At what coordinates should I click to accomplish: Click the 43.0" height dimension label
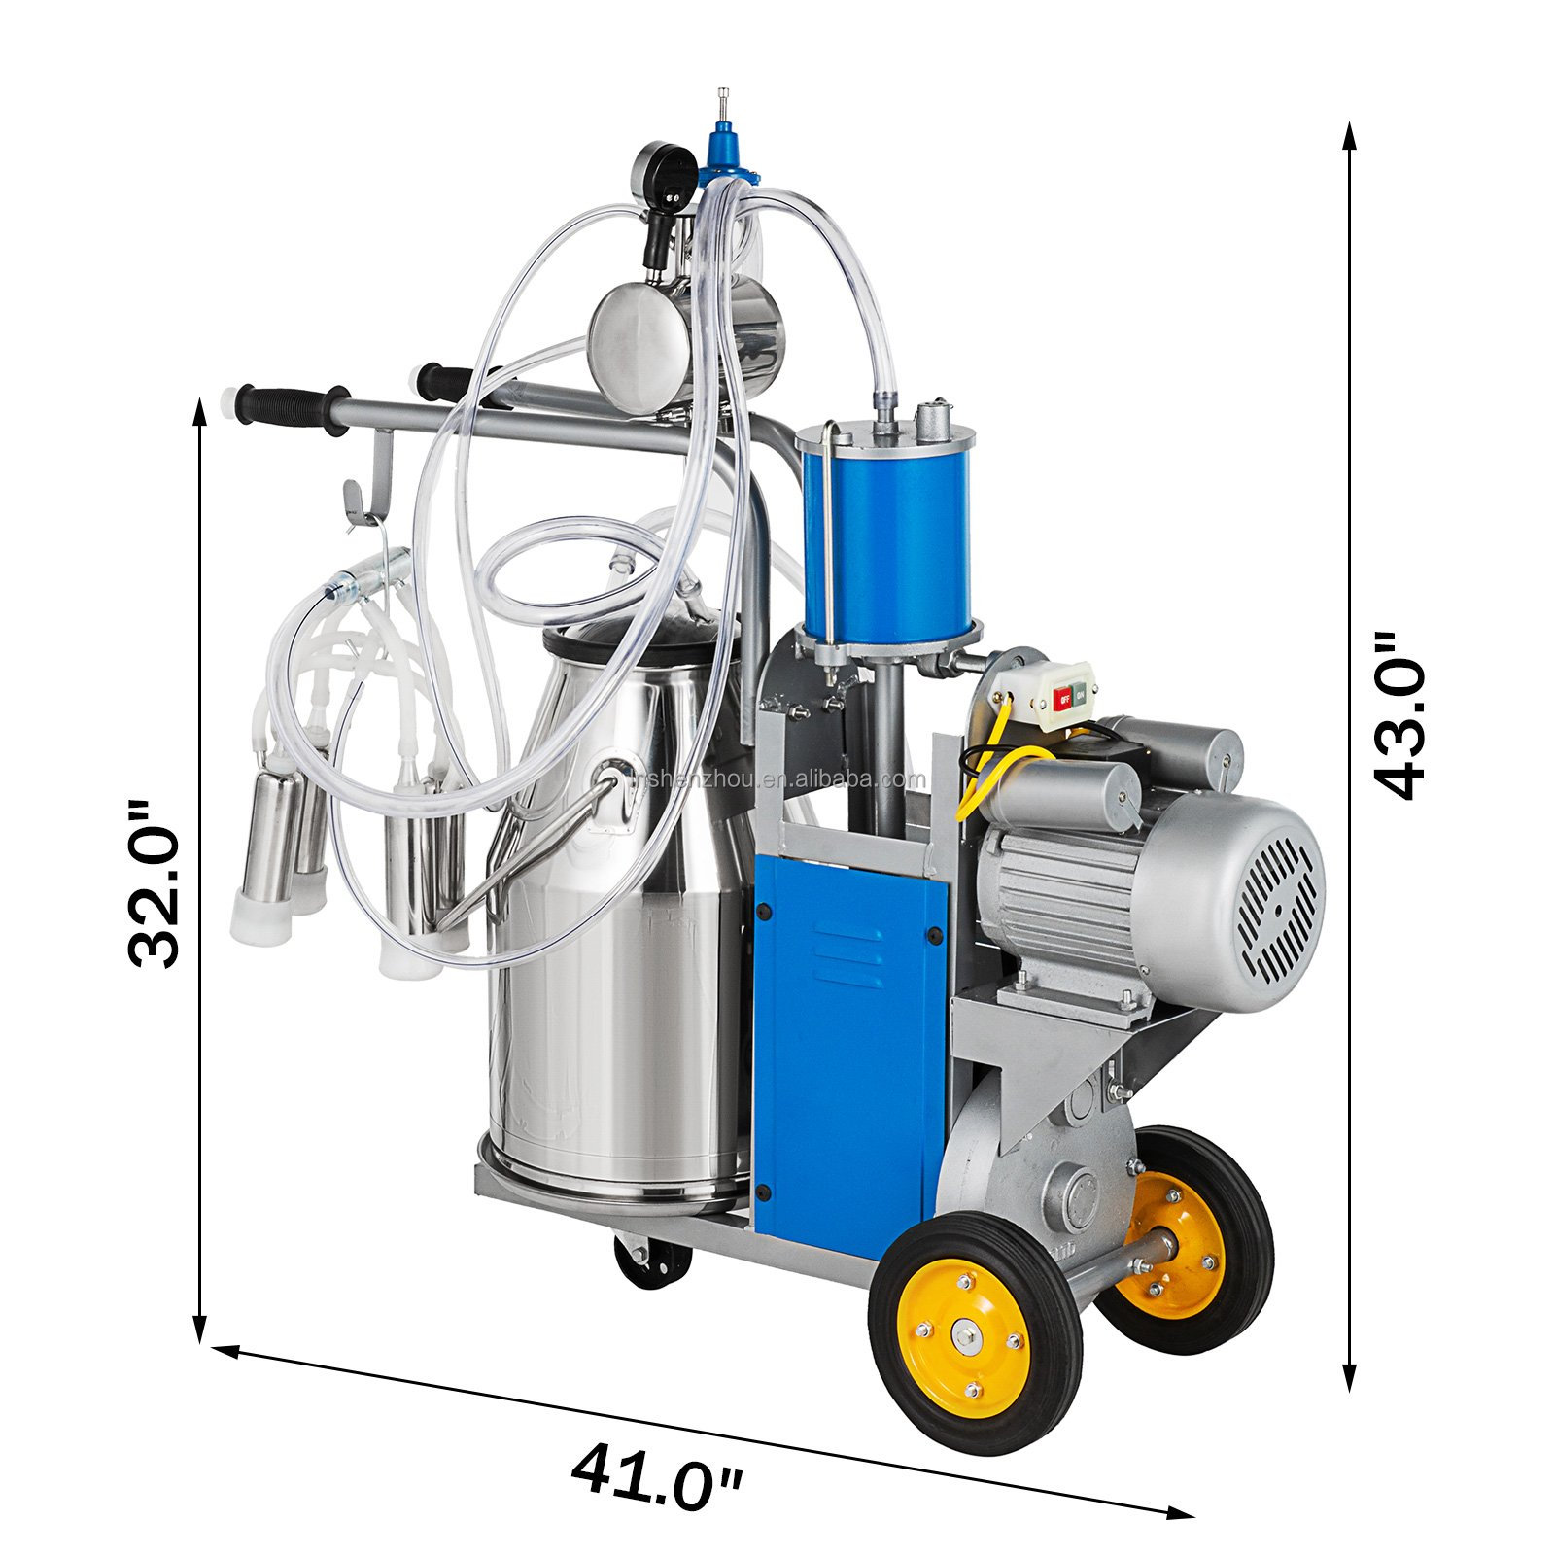1399,716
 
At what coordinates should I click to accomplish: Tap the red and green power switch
1069,696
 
